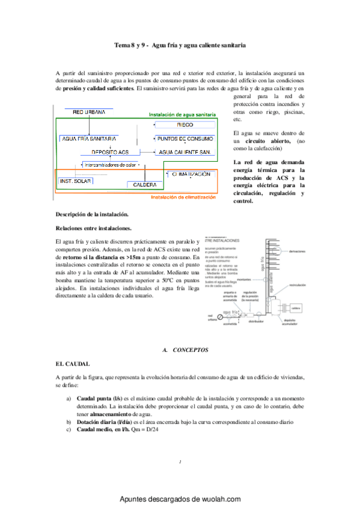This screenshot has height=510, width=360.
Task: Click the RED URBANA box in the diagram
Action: click(x=89, y=112)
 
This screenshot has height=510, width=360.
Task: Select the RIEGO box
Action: click(x=185, y=124)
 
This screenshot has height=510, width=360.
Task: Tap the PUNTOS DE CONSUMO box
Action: click(x=185, y=138)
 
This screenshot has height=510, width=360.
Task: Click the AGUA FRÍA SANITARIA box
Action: click(x=88, y=139)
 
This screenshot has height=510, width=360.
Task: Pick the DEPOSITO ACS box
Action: click(x=110, y=152)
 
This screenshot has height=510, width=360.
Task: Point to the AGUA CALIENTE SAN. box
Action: click(x=185, y=153)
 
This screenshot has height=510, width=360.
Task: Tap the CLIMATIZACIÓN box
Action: click(x=191, y=174)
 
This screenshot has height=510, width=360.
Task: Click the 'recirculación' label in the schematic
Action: click(x=298, y=284)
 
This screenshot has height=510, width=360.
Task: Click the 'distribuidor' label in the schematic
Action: click(x=248, y=321)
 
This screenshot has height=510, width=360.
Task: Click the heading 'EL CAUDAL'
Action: click(x=72, y=364)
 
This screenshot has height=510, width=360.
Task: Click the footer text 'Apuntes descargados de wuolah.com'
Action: click(x=180, y=499)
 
